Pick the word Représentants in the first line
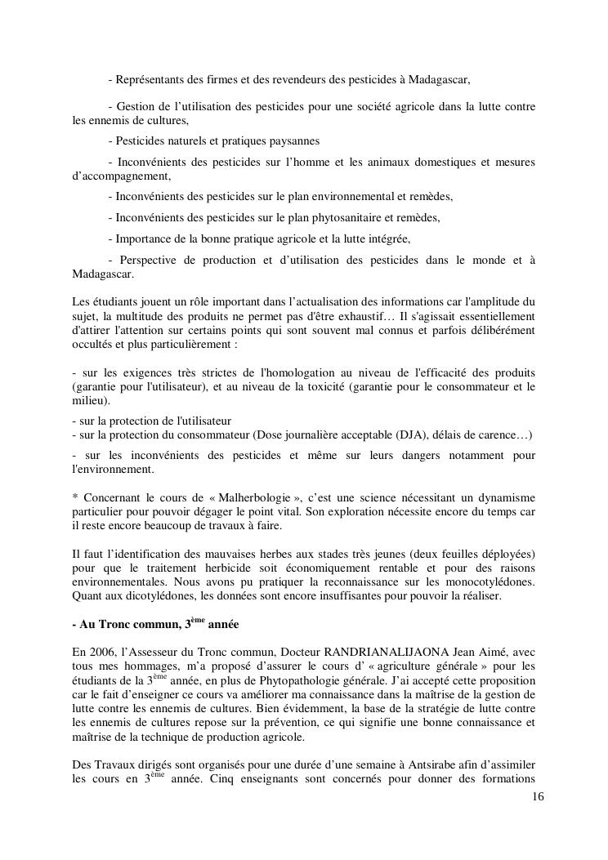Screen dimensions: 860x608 coord(154,80)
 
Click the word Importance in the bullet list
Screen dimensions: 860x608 coord(146,238)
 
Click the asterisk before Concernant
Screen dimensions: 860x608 coord(75,498)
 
